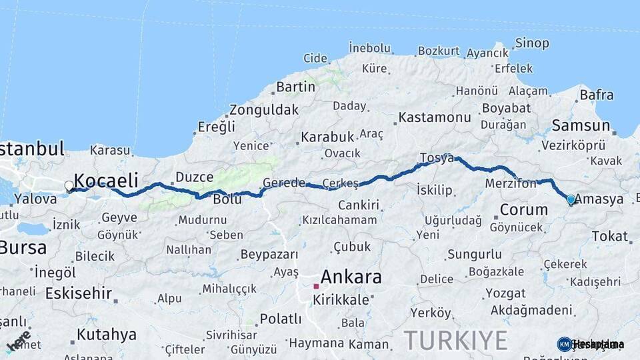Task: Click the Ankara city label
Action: [351, 276]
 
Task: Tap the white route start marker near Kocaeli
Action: [69, 186]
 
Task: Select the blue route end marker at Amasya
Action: [571, 199]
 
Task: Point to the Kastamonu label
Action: [435, 118]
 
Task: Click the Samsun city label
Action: [581, 125]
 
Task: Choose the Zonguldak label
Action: [263, 110]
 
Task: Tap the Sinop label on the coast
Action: [532, 44]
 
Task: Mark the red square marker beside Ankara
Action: [316, 287]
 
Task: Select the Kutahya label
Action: [107, 334]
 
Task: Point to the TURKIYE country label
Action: [455, 340]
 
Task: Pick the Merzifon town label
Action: [511, 183]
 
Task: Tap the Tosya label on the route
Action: [437, 159]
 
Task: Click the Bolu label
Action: [227, 199]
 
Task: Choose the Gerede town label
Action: [284, 183]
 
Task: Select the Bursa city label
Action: [23, 248]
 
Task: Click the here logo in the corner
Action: [18, 341]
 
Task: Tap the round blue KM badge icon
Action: [564, 344]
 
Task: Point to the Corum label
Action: [523, 209]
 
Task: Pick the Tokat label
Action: [609, 236]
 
